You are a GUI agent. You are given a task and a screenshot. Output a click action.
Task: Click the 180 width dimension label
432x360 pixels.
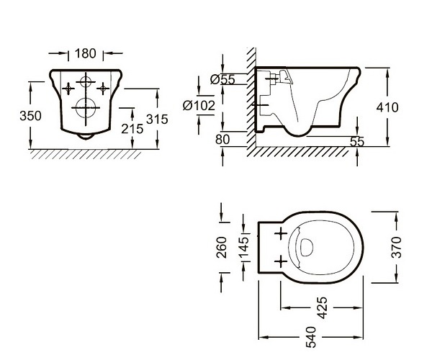(86, 53)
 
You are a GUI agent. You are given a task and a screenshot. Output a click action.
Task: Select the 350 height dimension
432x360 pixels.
(30, 116)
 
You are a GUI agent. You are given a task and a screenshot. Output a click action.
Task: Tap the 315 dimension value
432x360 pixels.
(157, 120)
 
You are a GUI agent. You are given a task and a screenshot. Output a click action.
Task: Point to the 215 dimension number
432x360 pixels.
(132, 129)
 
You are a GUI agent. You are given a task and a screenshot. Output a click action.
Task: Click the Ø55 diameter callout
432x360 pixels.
(222, 80)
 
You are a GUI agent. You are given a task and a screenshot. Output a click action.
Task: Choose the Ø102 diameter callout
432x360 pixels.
(199, 106)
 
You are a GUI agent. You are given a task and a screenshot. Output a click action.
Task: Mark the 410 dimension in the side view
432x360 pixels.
(387, 107)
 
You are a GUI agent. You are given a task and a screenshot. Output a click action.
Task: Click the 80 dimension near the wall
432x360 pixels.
(222, 140)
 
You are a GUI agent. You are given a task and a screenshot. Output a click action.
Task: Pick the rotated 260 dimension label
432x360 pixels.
(222, 247)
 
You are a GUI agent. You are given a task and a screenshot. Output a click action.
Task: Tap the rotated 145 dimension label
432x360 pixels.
(243, 247)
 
